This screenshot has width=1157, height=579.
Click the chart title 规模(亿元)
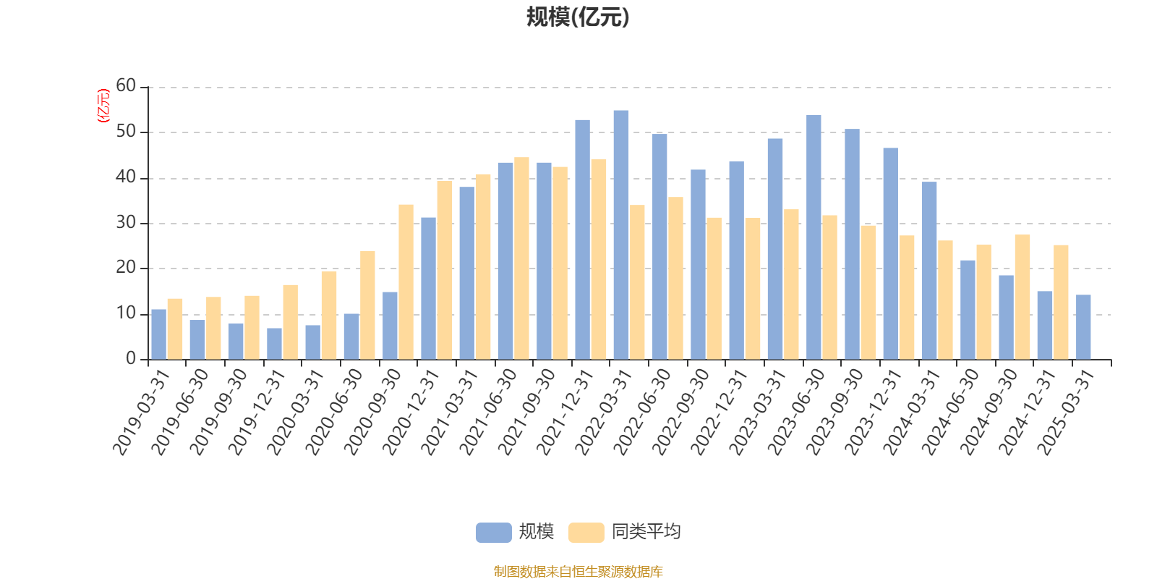click(x=578, y=17)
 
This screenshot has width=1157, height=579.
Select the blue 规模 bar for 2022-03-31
click(x=621, y=234)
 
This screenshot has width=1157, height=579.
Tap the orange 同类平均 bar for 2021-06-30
click(x=521, y=258)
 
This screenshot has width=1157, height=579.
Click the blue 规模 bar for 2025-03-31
click(x=1083, y=327)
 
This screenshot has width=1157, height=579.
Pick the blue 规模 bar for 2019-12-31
click(x=274, y=344)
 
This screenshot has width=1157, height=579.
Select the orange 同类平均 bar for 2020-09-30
click(x=406, y=282)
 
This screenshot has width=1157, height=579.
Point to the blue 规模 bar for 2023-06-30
click(x=814, y=237)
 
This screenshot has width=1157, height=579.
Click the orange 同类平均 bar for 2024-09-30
click(x=1022, y=297)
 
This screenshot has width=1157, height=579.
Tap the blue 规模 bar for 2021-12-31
click(x=582, y=240)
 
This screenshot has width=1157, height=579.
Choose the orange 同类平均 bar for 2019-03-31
click(x=175, y=329)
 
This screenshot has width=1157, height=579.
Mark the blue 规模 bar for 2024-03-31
click(x=929, y=271)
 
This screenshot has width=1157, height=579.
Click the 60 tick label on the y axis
click(x=126, y=86)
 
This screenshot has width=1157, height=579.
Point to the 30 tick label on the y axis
click(x=126, y=223)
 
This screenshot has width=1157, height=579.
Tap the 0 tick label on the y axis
click(x=131, y=359)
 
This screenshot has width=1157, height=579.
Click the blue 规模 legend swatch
click(x=494, y=532)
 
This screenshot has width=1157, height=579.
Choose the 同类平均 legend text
click(x=646, y=532)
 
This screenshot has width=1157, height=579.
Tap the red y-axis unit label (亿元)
click(x=103, y=106)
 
